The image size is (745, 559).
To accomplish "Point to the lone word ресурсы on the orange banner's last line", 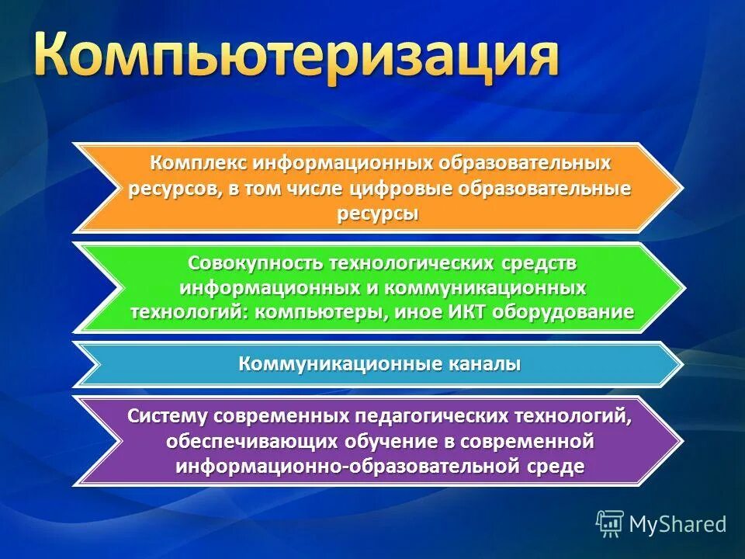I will coord(378,214).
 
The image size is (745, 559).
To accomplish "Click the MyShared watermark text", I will coord(677,524).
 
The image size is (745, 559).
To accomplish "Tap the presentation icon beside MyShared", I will coord(609,523).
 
